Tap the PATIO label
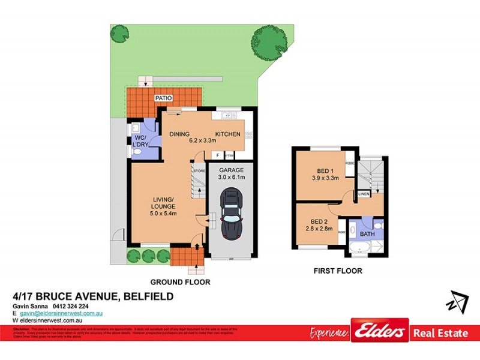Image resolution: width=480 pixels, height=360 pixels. click(x=164, y=97)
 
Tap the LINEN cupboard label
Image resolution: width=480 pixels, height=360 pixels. click(x=364, y=194)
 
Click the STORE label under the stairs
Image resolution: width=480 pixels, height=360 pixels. click(x=199, y=171)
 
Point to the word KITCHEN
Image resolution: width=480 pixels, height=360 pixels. click(x=228, y=134)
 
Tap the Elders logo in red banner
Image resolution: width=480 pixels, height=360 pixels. click(x=380, y=332)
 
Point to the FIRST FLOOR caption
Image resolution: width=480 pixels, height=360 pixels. click(x=338, y=271)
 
